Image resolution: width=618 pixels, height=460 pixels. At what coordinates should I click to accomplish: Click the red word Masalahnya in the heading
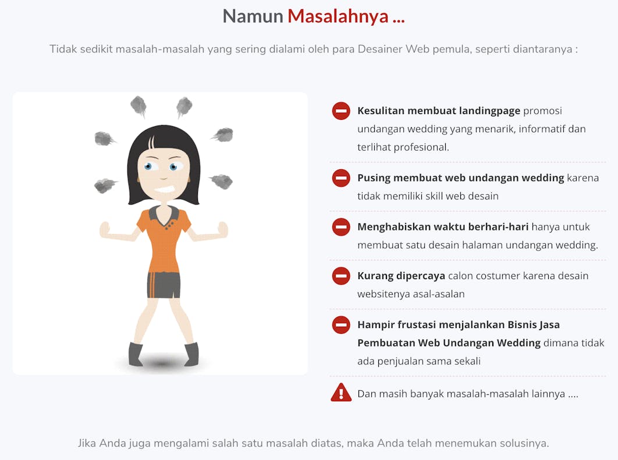[338, 16]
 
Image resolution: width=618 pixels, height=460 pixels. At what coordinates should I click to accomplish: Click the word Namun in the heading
[253, 16]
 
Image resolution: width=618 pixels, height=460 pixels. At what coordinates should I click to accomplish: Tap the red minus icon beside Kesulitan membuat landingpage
[341, 110]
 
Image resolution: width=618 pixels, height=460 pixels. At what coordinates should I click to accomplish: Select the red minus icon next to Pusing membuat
[341, 177]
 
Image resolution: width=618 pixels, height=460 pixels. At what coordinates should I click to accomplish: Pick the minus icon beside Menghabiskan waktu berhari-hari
[341, 227]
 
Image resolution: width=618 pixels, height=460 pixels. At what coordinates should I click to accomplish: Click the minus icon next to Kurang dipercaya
[341, 276]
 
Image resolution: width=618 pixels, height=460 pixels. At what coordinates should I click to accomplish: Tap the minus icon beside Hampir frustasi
[341, 325]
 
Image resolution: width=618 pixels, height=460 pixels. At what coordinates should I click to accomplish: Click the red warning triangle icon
[341, 393]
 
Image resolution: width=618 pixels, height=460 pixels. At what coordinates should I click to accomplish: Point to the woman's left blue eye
[148, 166]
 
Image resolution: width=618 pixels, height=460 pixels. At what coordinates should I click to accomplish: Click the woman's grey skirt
[164, 285]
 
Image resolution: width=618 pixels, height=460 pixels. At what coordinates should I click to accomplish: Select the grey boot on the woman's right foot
[136, 354]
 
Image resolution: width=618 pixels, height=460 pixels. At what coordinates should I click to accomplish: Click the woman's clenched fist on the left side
[105, 230]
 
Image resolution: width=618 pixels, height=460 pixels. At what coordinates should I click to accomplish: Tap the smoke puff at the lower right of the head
[221, 181]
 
